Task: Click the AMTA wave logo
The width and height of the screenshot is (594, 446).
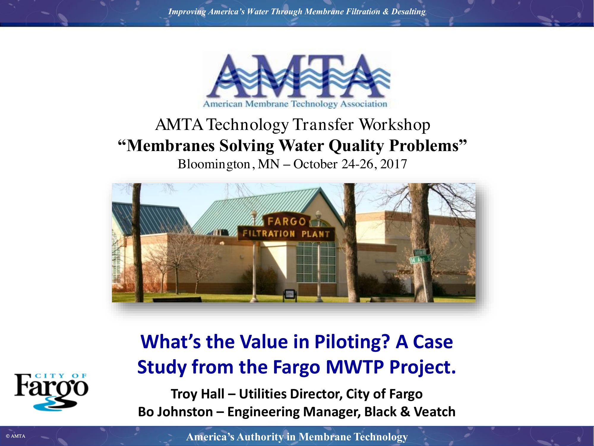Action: tap(296, 79)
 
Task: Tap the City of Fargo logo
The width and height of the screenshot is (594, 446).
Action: tap(51, 392)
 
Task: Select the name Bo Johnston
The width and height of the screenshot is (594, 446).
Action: tap(176, 412)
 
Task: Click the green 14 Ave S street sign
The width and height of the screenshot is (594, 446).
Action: tap(420, 260)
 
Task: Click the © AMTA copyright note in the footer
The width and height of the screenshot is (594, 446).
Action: tap(15, 436)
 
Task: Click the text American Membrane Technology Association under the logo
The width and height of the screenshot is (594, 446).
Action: tap(295, 104)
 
